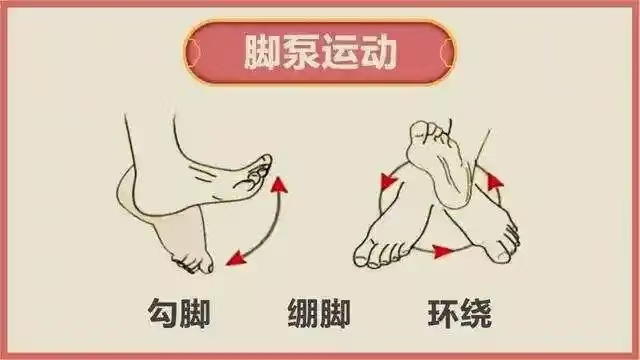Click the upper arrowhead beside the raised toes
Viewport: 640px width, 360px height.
tap(282, 185)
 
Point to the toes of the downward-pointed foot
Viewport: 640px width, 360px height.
tap(193, 263)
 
